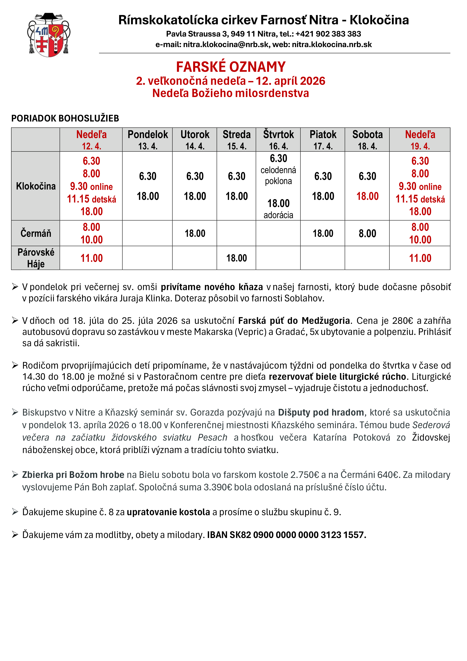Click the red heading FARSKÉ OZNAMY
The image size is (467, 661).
tap(231, 67)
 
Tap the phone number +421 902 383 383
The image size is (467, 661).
tap(328, 34)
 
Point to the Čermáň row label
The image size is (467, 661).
tap(36, 233)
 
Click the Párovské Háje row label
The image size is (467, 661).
tap(36, 258)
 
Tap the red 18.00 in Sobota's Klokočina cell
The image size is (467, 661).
tap(367, 196)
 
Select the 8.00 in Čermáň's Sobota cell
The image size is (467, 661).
tap(367, 233)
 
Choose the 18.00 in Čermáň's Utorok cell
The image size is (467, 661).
tap(195, 233)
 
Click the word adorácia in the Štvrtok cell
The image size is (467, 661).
tap(278, 215)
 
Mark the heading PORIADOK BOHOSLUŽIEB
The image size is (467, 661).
tap(65, 118)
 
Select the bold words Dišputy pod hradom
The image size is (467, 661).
tap(321, 412)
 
